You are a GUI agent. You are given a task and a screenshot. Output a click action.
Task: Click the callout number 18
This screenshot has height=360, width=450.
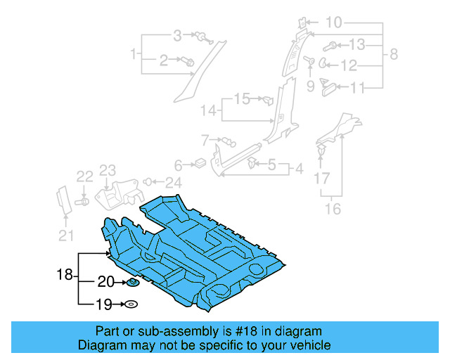[65, 275]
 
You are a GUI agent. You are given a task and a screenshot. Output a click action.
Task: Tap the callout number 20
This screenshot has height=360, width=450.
[106, 282]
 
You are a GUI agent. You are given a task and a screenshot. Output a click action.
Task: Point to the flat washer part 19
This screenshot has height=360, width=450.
[131, 304]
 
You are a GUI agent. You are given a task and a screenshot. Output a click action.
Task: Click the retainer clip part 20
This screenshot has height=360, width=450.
[131, 283]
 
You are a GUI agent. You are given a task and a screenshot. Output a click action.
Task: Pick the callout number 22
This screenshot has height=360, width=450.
[84, 176]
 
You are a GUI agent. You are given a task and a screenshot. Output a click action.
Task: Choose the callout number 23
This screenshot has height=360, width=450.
[107, 170]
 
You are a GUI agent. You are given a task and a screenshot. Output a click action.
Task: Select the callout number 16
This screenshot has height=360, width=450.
[333, 209]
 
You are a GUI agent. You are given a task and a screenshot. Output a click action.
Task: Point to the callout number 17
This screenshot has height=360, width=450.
[321, 179]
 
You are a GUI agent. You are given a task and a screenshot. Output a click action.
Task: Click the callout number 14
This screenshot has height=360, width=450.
[209, 110]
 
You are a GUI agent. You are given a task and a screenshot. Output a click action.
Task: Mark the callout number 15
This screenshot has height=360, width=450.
[242, 98]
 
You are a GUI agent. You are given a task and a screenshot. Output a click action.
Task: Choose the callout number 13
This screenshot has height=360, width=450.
[357, 46]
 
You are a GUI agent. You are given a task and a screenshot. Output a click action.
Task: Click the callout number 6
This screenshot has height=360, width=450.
[178, 165]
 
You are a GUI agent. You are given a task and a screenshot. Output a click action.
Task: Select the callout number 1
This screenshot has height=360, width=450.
[133, 53]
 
